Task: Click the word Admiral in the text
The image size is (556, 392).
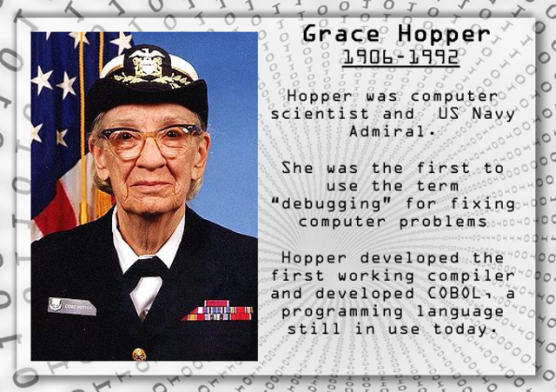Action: [393, 131]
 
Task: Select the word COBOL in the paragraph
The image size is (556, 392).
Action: [448, 293]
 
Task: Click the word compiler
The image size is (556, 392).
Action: [473, 276]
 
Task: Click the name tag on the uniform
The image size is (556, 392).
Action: [71, 305]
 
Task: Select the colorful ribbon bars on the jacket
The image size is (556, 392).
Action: [218, 311]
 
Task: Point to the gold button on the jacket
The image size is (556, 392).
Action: [139, 354]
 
